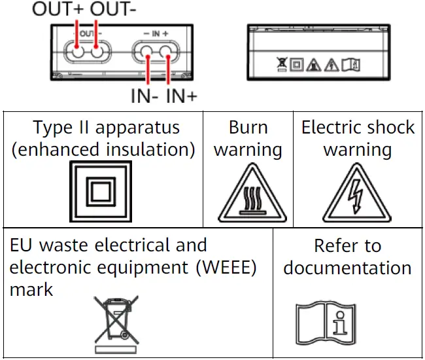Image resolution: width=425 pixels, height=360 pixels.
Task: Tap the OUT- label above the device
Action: point(115,10)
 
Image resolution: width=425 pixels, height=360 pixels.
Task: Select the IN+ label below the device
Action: point(182,96)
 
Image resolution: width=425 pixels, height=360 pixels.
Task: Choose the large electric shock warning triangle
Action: point(358,195)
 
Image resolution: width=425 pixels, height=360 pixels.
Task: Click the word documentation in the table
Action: point(347,268)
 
